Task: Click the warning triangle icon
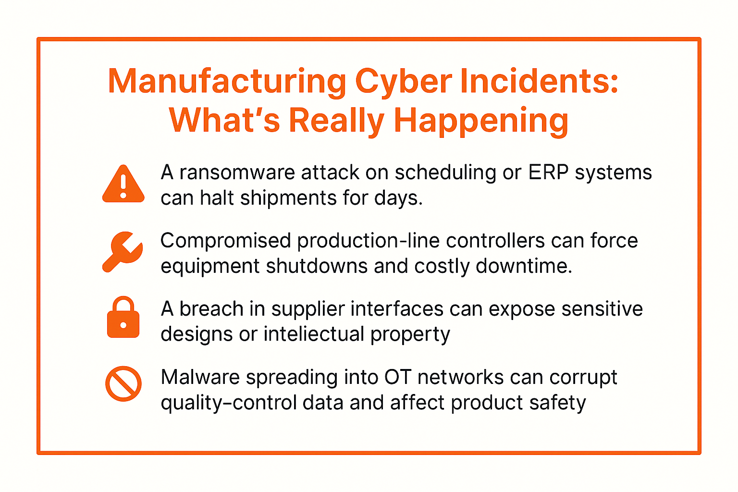[123, 184]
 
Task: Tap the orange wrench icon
[122, 252]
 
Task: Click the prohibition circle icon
[123, 383]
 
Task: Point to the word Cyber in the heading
[403, 81]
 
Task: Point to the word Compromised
[225, 241]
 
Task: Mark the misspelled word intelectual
[314, 334]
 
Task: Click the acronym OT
[398, 377]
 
